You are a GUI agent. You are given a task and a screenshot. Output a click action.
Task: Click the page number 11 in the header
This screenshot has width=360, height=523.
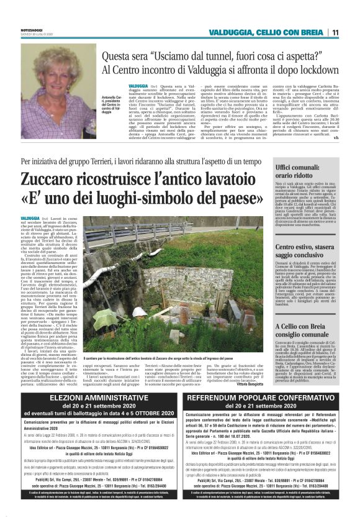(335, 32)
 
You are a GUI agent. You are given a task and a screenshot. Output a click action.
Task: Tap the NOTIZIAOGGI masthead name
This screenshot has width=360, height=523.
(32, 26)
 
